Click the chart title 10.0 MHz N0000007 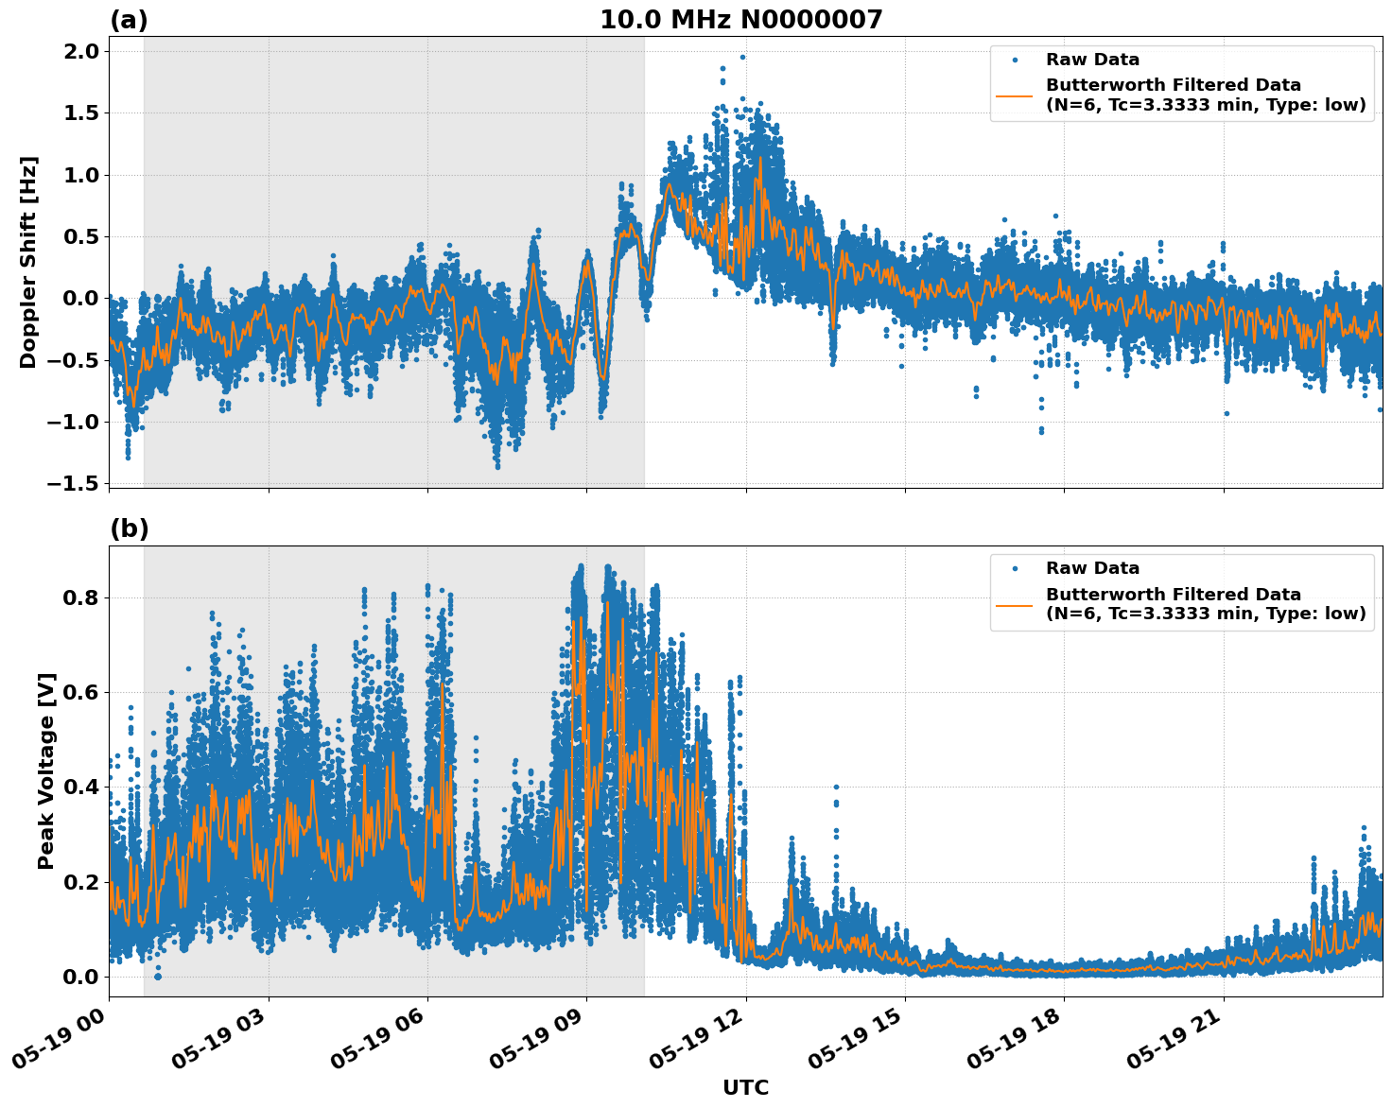(740, 20)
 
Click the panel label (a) (129, 20)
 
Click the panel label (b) (129, 529)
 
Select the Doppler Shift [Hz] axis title (28, 262)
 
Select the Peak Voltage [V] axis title (46, 770)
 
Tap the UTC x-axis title (745, 1087)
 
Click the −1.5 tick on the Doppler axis (73, 483)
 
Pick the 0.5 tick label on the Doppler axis (79, 236)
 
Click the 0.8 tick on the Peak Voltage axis (79, 597)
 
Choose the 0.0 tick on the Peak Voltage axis (79, 977)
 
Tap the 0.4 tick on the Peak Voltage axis (79, 788)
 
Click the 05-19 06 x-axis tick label (381, 1042)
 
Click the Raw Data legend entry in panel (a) (1092, 60)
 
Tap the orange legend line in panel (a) (1015, 95)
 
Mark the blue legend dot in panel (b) (1015, 568)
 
